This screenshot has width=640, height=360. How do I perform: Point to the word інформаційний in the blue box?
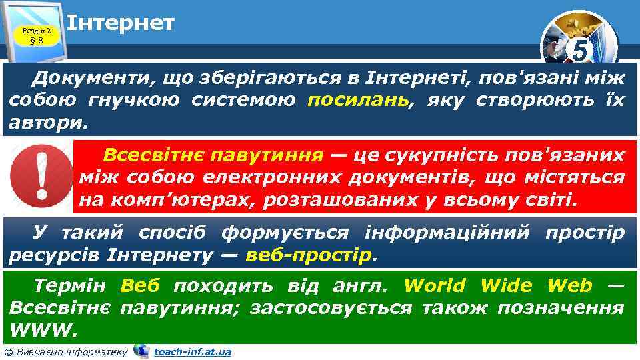pyautogui.click(x=448, y=233)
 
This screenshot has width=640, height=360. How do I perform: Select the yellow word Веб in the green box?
pyautogui.click(x=141, y=286)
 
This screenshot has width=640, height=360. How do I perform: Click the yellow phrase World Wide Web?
pyautogui.click(x=498, y=286)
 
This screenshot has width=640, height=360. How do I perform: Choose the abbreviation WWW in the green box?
pyautogui.click(x=42, y=329)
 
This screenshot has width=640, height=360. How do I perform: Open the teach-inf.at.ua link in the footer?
pyautogui.click(x=192, y=352)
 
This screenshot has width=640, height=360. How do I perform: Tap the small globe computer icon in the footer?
pyautogui.click(x=141, y=351)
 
